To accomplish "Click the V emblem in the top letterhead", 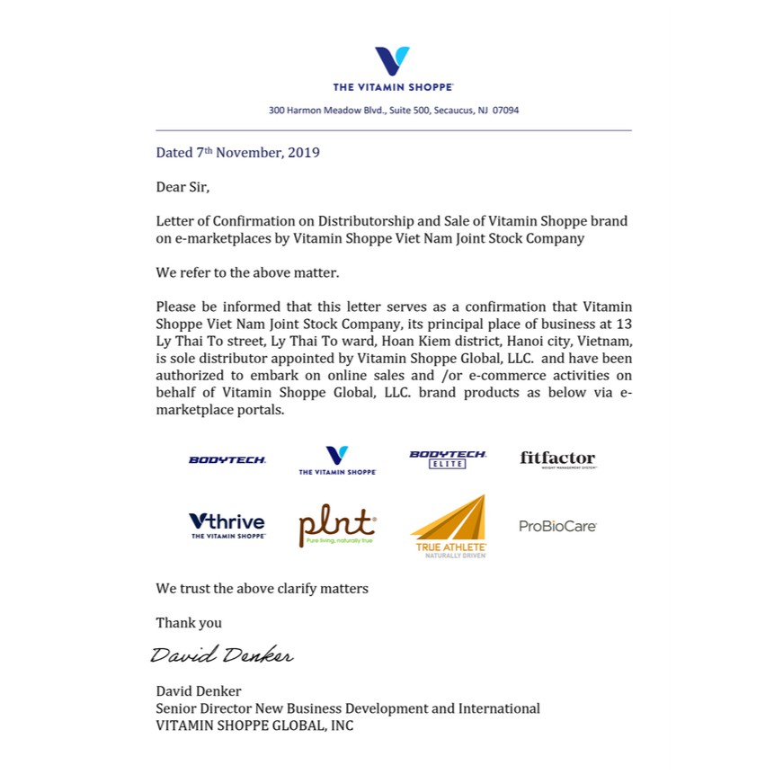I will click(392, 61).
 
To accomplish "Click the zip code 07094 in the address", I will click(505, 111).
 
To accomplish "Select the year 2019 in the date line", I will click(303, 153).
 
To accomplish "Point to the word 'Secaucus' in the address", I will click(454, 111).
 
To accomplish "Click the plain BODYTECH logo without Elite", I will click(227, 459).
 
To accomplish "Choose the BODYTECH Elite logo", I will click(448, 458).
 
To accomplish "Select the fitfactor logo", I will click(557, 459).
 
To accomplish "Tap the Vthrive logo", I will click(227, 525).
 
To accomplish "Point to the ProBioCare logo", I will click(557, 526).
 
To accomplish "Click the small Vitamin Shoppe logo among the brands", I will click(337, 459).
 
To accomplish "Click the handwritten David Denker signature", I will click(221, 654).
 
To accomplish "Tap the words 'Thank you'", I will click(189, 623).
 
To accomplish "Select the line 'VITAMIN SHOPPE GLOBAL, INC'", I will click(254, 725).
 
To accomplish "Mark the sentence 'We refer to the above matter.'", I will click(247, 272).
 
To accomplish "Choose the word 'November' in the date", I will click(249, 153).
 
